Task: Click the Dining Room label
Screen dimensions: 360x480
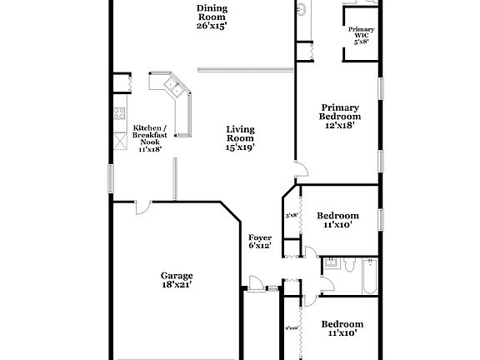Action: (x=212, y=9)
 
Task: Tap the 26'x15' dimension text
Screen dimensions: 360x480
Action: (x=212, y=25)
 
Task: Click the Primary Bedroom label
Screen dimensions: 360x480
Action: (x=339, y=112)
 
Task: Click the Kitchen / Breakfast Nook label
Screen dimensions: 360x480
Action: (x=150, y=134)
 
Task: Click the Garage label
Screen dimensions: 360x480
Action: (x=177, y=276)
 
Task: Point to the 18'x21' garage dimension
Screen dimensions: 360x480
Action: (x=177, y=285)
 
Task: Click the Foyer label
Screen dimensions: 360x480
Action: (x=260, y=237)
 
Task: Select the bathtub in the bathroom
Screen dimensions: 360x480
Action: (x=368, y=277)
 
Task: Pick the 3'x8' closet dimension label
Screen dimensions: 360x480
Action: (x=292, y=216)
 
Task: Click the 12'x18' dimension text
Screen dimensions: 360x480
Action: (x=339, y=126)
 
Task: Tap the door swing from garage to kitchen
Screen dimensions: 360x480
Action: (x=143, y=207)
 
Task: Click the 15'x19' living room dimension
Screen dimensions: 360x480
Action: (x=240, y=147)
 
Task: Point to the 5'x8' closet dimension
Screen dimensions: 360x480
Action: (x=361, y=41)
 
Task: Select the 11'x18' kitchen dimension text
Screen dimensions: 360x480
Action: (x=150, y=149)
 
